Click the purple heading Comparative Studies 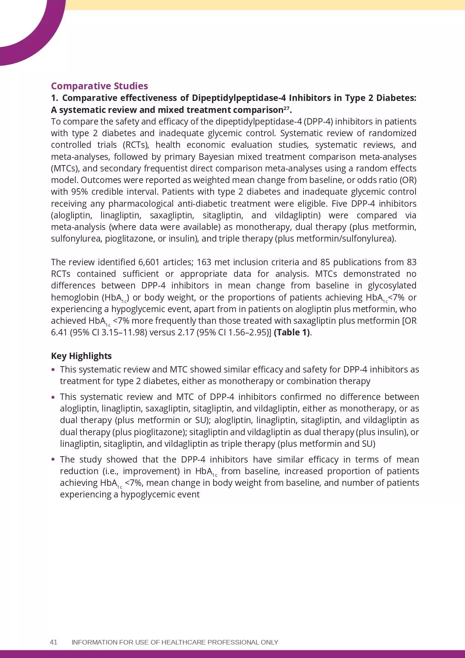click(x=99, y=86)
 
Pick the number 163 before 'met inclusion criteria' click(x=205, y=262)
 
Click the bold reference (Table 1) click(x=292, y=332)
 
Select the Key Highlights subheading click(x=81, y=356)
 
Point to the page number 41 click(x=54, y=642)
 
